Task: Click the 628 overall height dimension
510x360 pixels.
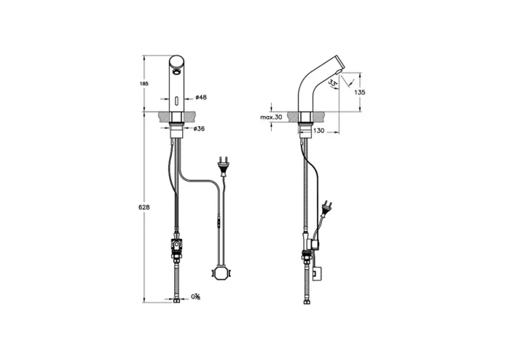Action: coord(144,208)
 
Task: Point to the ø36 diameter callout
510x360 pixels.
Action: coord(197,128)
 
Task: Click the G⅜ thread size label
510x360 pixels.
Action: coord(196,297)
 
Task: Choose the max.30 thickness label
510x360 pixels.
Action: coord(271,117)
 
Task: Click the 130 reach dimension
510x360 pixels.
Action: coord(318,131)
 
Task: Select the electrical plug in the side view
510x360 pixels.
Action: coord(329,208)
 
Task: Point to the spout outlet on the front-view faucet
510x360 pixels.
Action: coord(178,71)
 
